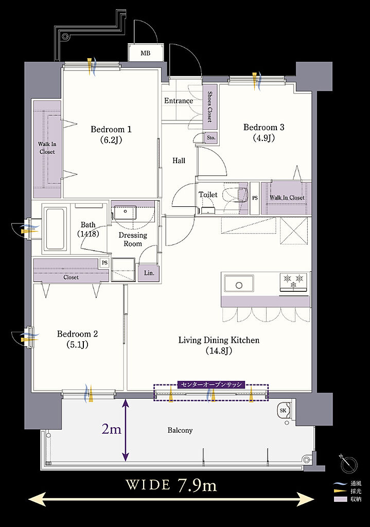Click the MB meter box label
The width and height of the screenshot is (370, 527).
pos(146,53)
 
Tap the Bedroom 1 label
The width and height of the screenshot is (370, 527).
pos(111,134)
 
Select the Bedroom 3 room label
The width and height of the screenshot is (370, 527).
pos(264,132)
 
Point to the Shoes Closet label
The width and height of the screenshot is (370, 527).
pos(209,107)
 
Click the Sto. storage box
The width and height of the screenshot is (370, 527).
pos(210,138)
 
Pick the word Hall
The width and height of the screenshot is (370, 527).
pos(179,161)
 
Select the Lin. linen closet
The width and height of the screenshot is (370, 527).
pos(149,273)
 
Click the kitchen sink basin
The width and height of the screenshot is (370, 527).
pos(239,285)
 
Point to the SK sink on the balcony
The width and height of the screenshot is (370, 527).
pos(284,410)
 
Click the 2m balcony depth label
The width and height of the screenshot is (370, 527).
pos(112,429)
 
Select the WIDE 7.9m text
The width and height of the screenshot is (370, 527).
pos(171,485)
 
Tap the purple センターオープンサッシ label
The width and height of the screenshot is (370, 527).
pos(212,385)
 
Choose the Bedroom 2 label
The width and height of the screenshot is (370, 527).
pos(77,339)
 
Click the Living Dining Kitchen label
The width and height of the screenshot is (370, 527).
pos(219,345)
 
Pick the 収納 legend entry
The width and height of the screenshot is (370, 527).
pos(348,499)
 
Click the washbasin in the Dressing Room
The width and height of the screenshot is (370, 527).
pos(125,212)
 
